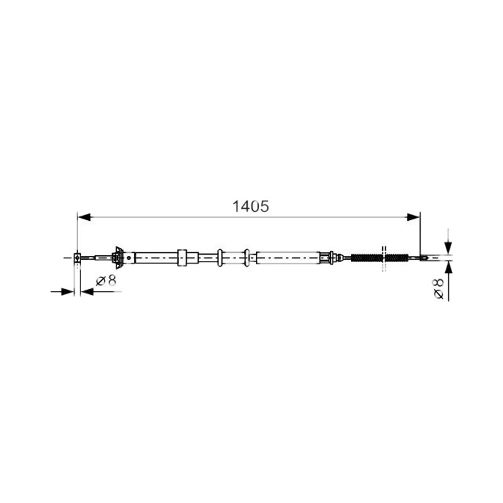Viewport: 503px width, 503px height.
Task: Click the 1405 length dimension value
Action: [250, 206]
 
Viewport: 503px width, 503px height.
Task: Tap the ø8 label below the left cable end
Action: [106, 280]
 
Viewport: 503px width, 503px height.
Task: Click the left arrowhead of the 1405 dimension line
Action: [84, 217]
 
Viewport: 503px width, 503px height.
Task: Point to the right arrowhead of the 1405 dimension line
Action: [413, 217]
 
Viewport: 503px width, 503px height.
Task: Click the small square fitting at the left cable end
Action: [77, 258]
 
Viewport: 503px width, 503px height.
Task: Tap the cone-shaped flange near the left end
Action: [119, 257]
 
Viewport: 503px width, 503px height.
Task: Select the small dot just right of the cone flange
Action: [129, 257]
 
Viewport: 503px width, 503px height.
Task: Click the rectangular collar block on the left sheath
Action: [182, 257]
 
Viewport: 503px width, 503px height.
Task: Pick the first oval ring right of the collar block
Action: [219, 257]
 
